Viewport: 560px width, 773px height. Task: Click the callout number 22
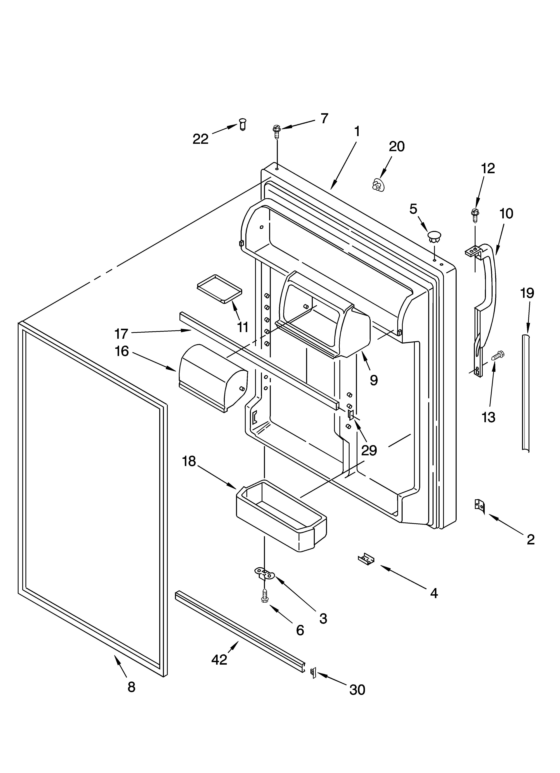(201, 139)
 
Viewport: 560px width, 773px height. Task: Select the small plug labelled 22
(243, 124)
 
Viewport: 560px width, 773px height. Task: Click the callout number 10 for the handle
(506, 214)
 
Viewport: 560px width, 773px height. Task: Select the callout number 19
(527, 293)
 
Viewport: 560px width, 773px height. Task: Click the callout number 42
(219, 660)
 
